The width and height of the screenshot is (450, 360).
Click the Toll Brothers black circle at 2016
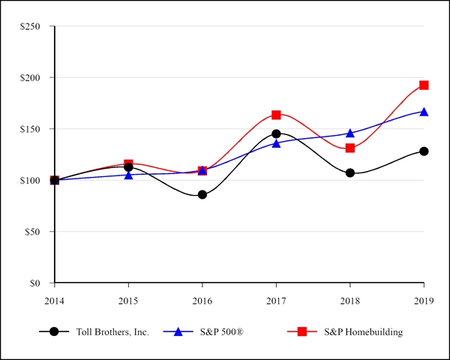tap(202, 194)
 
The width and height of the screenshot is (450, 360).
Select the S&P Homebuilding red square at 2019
tap(424, 85)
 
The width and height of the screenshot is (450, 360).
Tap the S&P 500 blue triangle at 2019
tap(424, 112)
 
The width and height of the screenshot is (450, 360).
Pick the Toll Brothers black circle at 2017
tap(276, 133)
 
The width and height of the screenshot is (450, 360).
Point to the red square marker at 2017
tap(276, 115)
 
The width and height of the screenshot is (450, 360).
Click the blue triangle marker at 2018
tap(350, 133)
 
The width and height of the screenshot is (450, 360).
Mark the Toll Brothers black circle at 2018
tap(350, 172)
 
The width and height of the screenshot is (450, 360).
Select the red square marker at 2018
tap(350, 148)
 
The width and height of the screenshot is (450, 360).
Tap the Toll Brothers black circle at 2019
tap(424, 151)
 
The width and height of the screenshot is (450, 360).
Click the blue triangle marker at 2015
tap(128, 175)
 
